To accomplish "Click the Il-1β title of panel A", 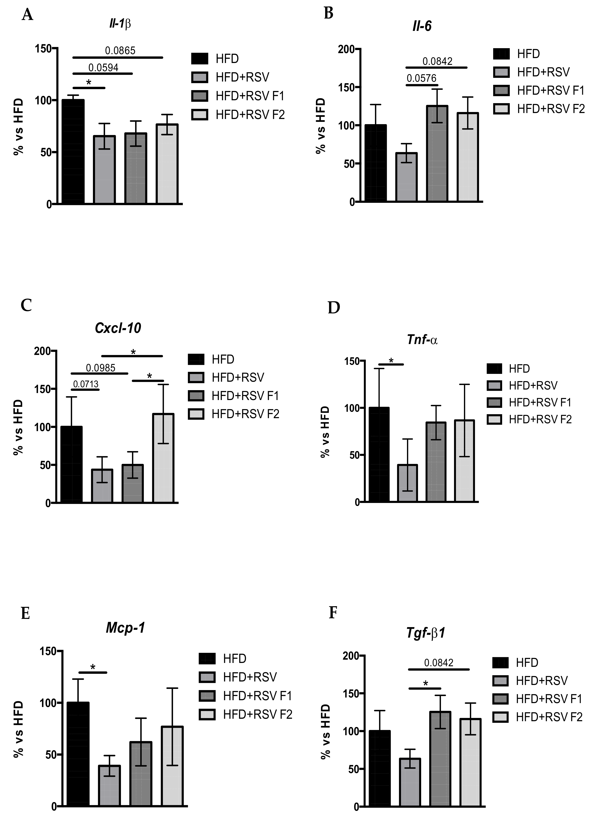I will [x=120, y=24].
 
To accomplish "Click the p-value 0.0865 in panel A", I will [x=120, y=51].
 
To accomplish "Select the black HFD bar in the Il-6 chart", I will [x=376, y=163].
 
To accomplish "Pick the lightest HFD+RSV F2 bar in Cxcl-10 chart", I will [x=163, y=458].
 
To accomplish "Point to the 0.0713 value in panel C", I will [x=86, y=384].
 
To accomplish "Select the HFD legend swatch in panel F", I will [x=500, y=663].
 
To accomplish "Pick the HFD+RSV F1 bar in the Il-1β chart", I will [x=136, y=168].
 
